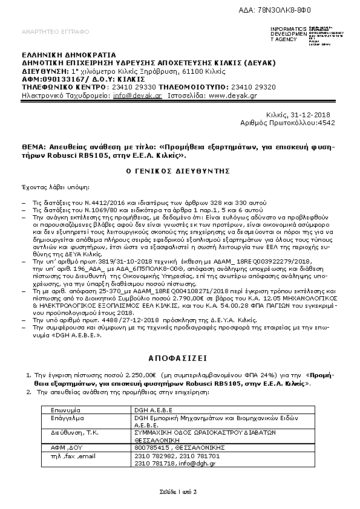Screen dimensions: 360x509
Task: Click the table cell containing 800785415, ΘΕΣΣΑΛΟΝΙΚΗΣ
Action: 172,447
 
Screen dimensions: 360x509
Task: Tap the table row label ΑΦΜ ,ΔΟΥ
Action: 66,447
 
